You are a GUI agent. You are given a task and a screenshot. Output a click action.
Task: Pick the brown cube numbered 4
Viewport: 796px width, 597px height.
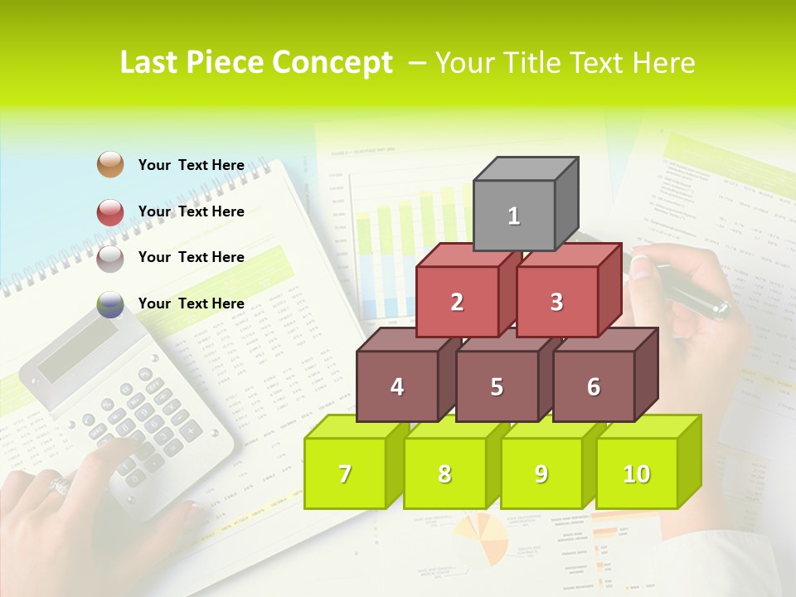click(x=397, y=386)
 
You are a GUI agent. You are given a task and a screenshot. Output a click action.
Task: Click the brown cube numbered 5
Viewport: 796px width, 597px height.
click(x=497, y=386)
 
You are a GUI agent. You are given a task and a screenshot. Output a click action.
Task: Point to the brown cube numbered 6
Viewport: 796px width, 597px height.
click(x=594, y=386)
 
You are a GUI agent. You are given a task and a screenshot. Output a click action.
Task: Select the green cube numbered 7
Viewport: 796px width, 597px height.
click(x=345, y=473)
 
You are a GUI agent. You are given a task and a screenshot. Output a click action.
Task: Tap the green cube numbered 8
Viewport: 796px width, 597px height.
click(x=444, y=473)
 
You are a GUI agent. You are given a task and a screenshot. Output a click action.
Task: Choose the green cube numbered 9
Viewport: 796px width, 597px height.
click(x=541, y=473)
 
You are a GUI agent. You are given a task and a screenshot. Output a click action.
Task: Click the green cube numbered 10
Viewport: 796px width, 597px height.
click(x=637, y=473)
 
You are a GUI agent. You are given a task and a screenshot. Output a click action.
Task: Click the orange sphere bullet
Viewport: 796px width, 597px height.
click(x=110, y=164)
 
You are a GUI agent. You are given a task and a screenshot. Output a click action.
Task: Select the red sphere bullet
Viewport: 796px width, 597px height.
click(x=110, y=211)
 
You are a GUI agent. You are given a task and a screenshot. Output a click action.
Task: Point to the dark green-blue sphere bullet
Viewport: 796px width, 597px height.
click(x=110, y=304)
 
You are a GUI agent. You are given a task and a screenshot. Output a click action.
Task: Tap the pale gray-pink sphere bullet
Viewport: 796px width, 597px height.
click(x=110, y=258)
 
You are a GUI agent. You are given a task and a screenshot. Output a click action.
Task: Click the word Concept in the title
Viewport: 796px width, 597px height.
click(x=332, y=63)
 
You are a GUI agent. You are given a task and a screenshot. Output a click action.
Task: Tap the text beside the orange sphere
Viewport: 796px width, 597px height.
click(x=191, y=165)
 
